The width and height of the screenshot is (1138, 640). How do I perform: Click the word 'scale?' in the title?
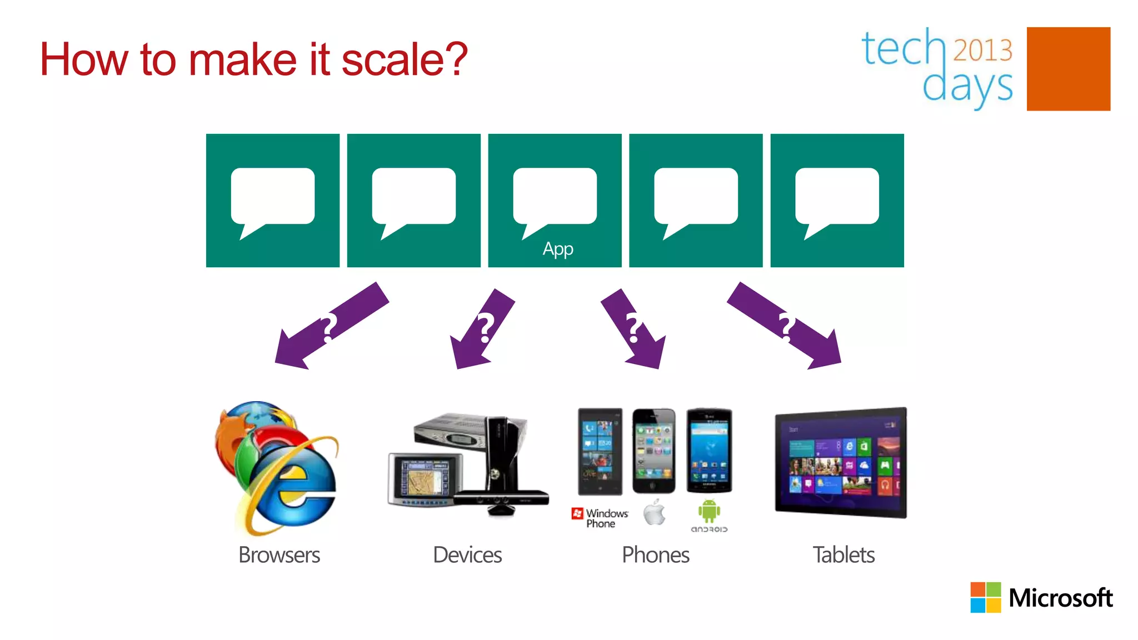click(x=404, y=59)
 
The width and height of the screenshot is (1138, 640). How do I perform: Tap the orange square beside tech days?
click(x=1068, y=69)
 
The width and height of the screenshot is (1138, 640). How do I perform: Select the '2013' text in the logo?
click(x=982, y=50)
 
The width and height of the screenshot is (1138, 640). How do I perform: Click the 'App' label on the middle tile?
click(x=558, y=249)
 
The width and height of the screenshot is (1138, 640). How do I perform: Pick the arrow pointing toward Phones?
click(x=633, y=329)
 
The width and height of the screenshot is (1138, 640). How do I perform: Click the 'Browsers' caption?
click(x=279, y=555)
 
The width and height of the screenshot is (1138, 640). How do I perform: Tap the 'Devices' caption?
click(x=467, y=555)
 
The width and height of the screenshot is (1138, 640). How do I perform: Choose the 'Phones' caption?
click(x=656, y=555)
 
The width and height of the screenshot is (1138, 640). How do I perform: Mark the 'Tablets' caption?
click(x=843, y=555)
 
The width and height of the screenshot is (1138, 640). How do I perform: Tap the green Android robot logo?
click(x=709, y=511)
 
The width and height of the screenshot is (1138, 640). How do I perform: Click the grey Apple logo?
click(x=655, y=513)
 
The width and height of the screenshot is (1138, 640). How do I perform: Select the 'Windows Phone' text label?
click(x=606, y=518)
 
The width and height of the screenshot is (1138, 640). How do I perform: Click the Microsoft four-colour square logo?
click(x=985, y=597)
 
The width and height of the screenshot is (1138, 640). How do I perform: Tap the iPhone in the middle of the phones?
click(x=654, y=451)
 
